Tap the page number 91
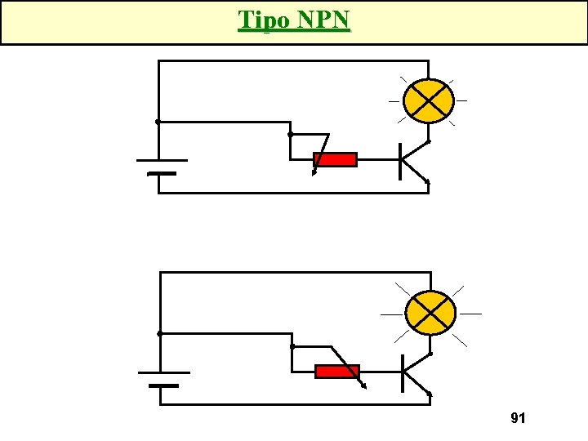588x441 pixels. coord(517,418)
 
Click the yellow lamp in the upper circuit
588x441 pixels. coord(429,100)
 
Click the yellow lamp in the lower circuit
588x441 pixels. coord(430,313)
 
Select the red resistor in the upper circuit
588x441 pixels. coord(336,160)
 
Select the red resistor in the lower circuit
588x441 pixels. coord(336,372)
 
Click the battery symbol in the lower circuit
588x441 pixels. coord(163,378)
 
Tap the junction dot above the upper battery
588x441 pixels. coord(158,122)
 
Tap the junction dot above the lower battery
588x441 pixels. coord(159,333)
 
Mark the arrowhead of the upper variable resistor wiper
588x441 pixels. coord(314,172)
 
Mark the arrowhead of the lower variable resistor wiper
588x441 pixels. coord(363,389)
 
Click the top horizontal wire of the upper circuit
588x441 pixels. coord(294,61)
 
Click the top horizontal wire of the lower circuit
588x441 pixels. coord(294,273)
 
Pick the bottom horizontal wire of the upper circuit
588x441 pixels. coord(294,193)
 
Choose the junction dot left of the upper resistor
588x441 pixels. coord(290,134)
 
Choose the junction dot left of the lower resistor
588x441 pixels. coord(292,346)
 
